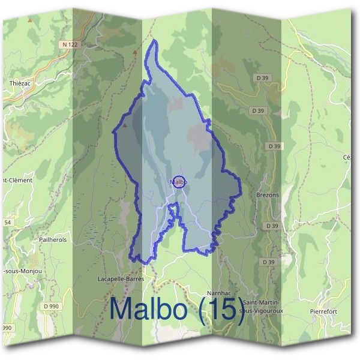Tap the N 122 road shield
click(69, 44)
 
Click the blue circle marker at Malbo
click(179, 181)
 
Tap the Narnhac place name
click(218, 292)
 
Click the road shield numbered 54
click(7, 223)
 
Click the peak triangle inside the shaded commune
click(125, 127)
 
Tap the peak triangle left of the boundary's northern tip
click(136, 52)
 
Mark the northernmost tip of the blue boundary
click(155, 40)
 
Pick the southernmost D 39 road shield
click(268, 262)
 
